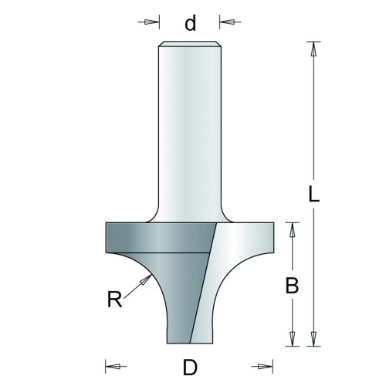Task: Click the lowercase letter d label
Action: [191, 22]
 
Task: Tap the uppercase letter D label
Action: [190, 367]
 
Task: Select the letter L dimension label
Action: [313, 194]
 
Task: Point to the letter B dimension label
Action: [292, 286]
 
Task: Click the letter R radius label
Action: [114, 300]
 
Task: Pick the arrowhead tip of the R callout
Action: [151, 275]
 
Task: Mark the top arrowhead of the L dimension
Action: [313, 49]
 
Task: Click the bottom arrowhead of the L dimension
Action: [313, 338]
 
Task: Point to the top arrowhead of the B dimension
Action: [292, 230]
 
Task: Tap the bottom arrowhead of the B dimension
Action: [292, 338]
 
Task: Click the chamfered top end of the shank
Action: [190, 44]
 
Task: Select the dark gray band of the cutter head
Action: [160, 238]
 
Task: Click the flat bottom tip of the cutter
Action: [190, 343]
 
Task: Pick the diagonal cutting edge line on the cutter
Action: [203, 283]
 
